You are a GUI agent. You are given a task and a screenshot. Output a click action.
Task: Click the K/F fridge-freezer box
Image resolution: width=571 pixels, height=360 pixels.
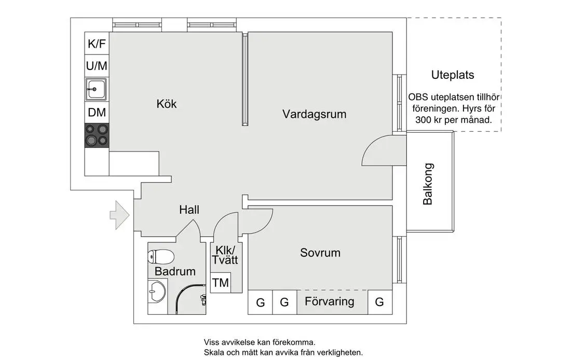point(97,44)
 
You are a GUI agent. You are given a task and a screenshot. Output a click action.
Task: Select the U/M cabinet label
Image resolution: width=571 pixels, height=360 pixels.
point(97,66)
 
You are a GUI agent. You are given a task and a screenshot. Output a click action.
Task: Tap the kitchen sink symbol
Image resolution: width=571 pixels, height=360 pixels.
point(97,89)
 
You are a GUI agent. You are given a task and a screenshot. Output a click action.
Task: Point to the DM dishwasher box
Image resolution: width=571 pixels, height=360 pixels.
point(97,112)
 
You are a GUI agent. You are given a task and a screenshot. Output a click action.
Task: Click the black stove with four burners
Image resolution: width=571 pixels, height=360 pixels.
point(97,135)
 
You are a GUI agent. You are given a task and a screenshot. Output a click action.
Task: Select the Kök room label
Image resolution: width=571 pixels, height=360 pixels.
point(167,104)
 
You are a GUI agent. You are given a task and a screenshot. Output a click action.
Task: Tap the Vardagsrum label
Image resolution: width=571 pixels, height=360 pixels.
point(314,114)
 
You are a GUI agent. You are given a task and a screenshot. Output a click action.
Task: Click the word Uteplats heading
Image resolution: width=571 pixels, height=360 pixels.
point(453,75)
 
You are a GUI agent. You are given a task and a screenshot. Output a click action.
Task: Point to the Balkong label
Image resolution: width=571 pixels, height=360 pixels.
point(428,184)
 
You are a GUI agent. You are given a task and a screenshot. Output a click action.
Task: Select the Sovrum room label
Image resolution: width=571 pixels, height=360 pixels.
point(320,253)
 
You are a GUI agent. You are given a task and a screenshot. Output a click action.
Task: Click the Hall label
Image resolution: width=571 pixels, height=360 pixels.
point(189,210)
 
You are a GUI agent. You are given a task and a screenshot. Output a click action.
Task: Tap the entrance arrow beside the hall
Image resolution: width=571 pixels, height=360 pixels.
point(119,215)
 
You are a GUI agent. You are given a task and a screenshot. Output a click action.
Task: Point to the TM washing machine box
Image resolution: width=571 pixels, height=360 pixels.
point(221,283)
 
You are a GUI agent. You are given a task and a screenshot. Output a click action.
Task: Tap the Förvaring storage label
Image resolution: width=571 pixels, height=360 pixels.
point(330,301)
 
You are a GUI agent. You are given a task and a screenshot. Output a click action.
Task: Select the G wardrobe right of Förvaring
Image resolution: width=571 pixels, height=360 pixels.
point(379,302)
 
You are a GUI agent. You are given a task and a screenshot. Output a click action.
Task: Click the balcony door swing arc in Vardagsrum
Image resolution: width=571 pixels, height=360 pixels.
point(375,151)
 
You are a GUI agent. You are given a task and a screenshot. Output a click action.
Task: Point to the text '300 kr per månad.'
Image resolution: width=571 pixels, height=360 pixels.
point(453,120)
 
